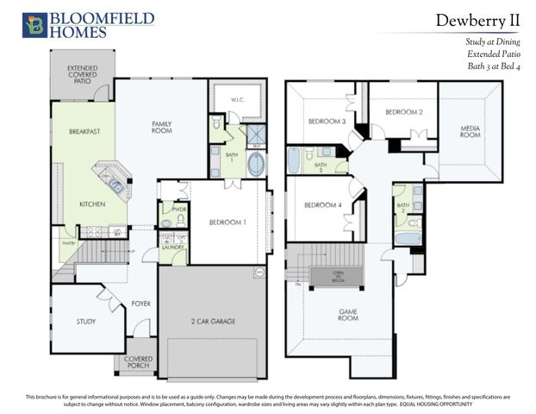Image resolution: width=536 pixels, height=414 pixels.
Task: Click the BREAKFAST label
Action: [x=85, y=131]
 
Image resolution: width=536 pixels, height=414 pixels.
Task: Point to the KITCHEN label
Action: [x=92, y=204]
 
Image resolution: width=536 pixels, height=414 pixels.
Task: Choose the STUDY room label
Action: [x=85, y=321]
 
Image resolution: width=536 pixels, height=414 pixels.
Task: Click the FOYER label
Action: [x=140, y=303]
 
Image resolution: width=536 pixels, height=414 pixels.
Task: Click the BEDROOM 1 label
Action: [x=227, y=223]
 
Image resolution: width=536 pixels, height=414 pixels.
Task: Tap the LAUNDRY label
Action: [x=173, y=247]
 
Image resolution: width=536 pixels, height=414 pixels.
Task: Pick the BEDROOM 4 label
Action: [x=321, y=204]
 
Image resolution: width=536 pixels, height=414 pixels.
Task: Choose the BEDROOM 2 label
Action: [x=402, y=112]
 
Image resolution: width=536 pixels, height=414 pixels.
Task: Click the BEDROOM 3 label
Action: [x=327, y=122]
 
